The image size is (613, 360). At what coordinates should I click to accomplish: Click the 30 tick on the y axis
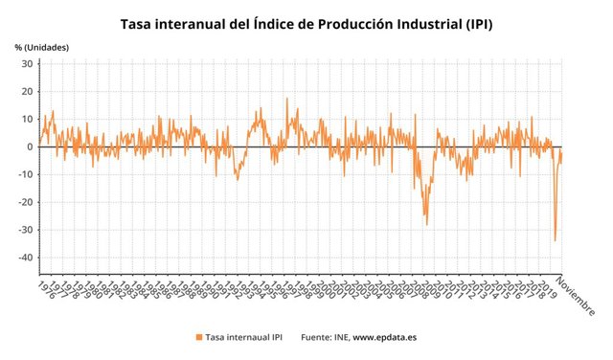[27, 64]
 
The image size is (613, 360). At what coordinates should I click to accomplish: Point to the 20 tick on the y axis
[27, 92]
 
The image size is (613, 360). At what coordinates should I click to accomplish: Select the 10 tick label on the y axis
[27, 120]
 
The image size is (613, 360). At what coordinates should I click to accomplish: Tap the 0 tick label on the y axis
[30, 146]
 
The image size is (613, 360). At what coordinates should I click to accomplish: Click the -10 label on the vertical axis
[25, 174]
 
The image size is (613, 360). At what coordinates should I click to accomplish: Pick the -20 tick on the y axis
[25, 202]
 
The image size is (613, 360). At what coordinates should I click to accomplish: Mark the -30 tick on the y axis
[25, 230]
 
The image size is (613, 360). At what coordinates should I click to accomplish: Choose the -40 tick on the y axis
[25, 258]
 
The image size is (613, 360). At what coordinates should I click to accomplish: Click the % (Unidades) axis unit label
[42, 47]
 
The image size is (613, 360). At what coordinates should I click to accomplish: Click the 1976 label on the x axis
[44, 289]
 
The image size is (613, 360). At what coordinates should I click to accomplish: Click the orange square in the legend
[199, 338]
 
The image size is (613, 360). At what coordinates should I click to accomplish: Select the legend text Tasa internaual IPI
[243, 338]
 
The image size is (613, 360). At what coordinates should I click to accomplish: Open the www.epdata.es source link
[384, 338]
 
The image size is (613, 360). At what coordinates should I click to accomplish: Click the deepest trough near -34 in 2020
[555, 240]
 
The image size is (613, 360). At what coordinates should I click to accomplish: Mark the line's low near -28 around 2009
[426, 224]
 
